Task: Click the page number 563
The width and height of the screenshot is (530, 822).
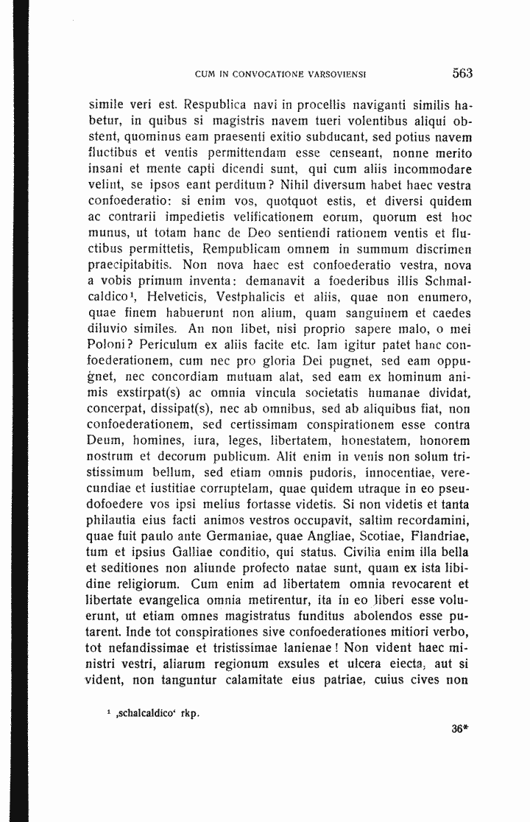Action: pos(462,73)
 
